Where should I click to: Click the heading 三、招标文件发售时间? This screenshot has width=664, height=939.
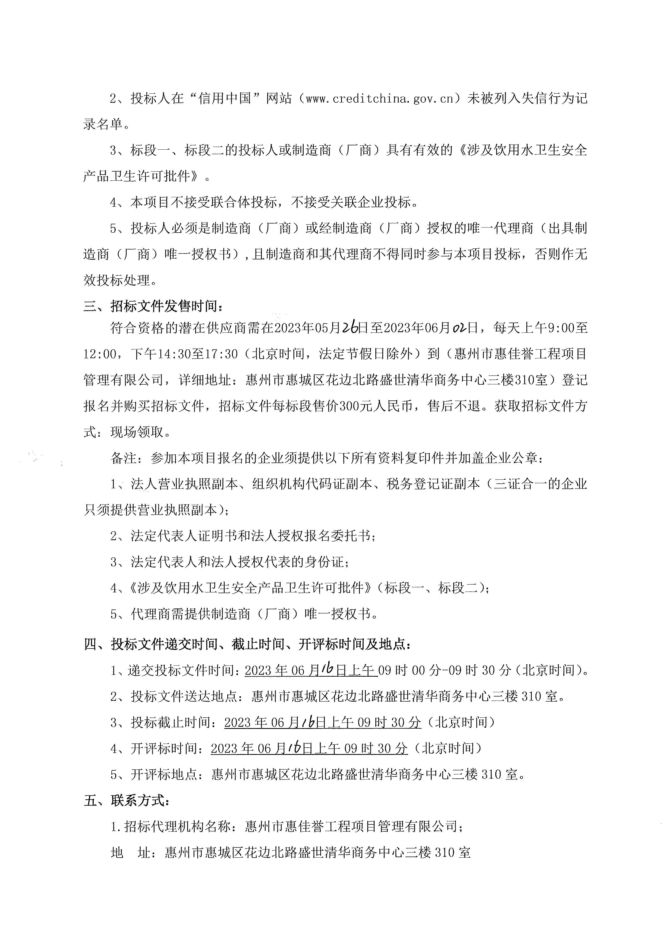pos(153,306)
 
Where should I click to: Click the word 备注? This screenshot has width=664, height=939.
pos(123,458)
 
